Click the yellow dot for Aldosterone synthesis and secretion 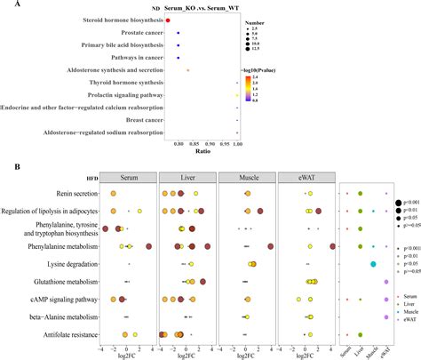click(187, 68)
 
